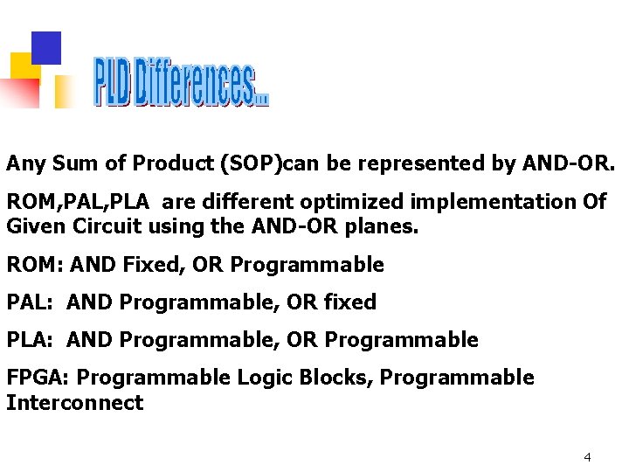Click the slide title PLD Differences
pos(181,82)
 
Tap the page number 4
pos(587,457)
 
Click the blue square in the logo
pos(46,48)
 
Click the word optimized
pos(353,202)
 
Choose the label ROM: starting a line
pos(35,264)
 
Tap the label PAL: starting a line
pos(31,302)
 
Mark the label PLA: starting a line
pos(31,340)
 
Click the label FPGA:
pos(41,378)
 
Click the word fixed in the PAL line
pos(349,302)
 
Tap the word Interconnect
pos(74,403)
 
